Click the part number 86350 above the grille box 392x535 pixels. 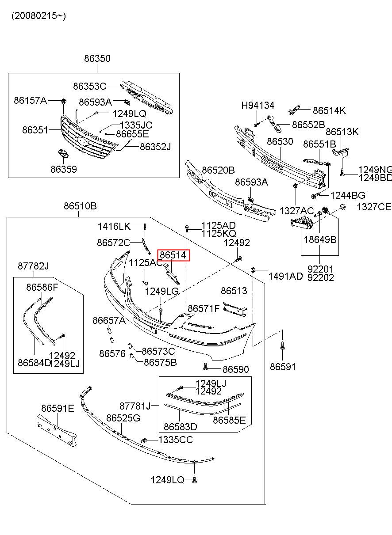tap(97, 58)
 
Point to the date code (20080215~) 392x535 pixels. tap(39, 16)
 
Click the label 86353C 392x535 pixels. tap(90, 86)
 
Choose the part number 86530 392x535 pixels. tap(280, 142)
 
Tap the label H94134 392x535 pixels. tap(257, 106)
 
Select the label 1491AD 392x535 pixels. tap(285, 277)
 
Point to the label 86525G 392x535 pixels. tap(123, 418)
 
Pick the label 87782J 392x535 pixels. tap(33, 266)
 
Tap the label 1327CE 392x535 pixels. tap(374, 207)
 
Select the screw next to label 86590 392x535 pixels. tap(206, 366)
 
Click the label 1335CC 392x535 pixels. tap(175, 440)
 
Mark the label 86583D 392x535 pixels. tap(180, 427)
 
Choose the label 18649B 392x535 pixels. tap(320, 239)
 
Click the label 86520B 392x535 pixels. tap(218, 170)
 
